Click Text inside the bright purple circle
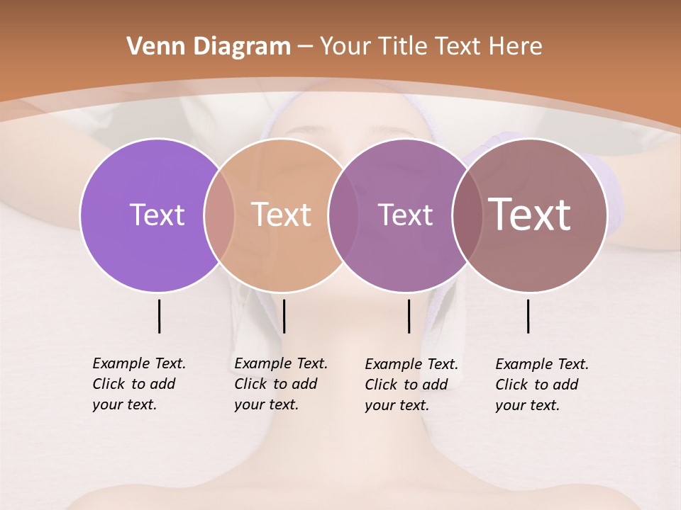tap(157, 215)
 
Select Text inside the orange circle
tap(281, 215)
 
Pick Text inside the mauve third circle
tap(405, 215)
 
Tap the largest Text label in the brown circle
tap(530, 215)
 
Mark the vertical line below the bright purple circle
tap(159, 316)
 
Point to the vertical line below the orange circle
tap(284, 316)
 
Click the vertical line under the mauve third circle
tap(409, 316)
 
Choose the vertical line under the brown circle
tap(528, 316)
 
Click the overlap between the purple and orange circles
tap(219, 215)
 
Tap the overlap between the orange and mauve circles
tap(338, 215)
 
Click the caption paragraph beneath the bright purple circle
tap(138, 384)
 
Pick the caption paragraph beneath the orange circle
tap(280, 384)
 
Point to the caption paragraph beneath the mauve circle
tap(411, 385)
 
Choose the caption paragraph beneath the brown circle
tap(541, 385)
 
